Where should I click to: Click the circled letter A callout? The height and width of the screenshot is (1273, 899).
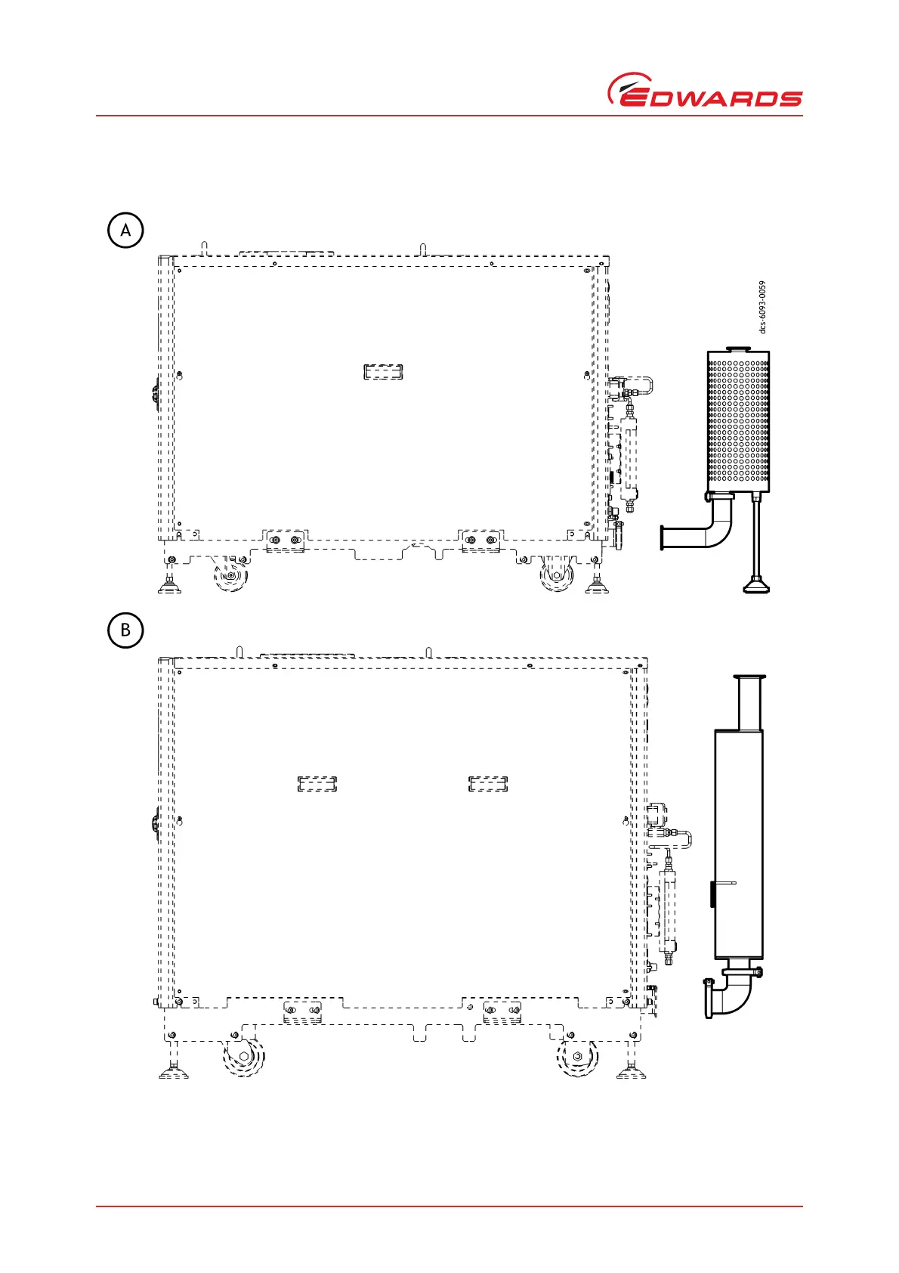125,230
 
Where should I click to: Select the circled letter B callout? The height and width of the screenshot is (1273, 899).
125,630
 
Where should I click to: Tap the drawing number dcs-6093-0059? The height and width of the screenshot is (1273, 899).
763,307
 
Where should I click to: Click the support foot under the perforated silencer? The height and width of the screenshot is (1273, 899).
755,582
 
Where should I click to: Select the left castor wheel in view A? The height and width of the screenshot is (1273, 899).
230,576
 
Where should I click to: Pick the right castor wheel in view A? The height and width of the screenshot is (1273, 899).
557,576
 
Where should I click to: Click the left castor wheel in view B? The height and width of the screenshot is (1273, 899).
243,1056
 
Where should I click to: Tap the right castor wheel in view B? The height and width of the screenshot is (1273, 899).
577,1056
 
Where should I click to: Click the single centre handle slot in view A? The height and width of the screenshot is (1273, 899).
383,371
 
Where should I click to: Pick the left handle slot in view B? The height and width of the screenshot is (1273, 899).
317,784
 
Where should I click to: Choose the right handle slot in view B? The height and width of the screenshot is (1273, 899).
488,784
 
